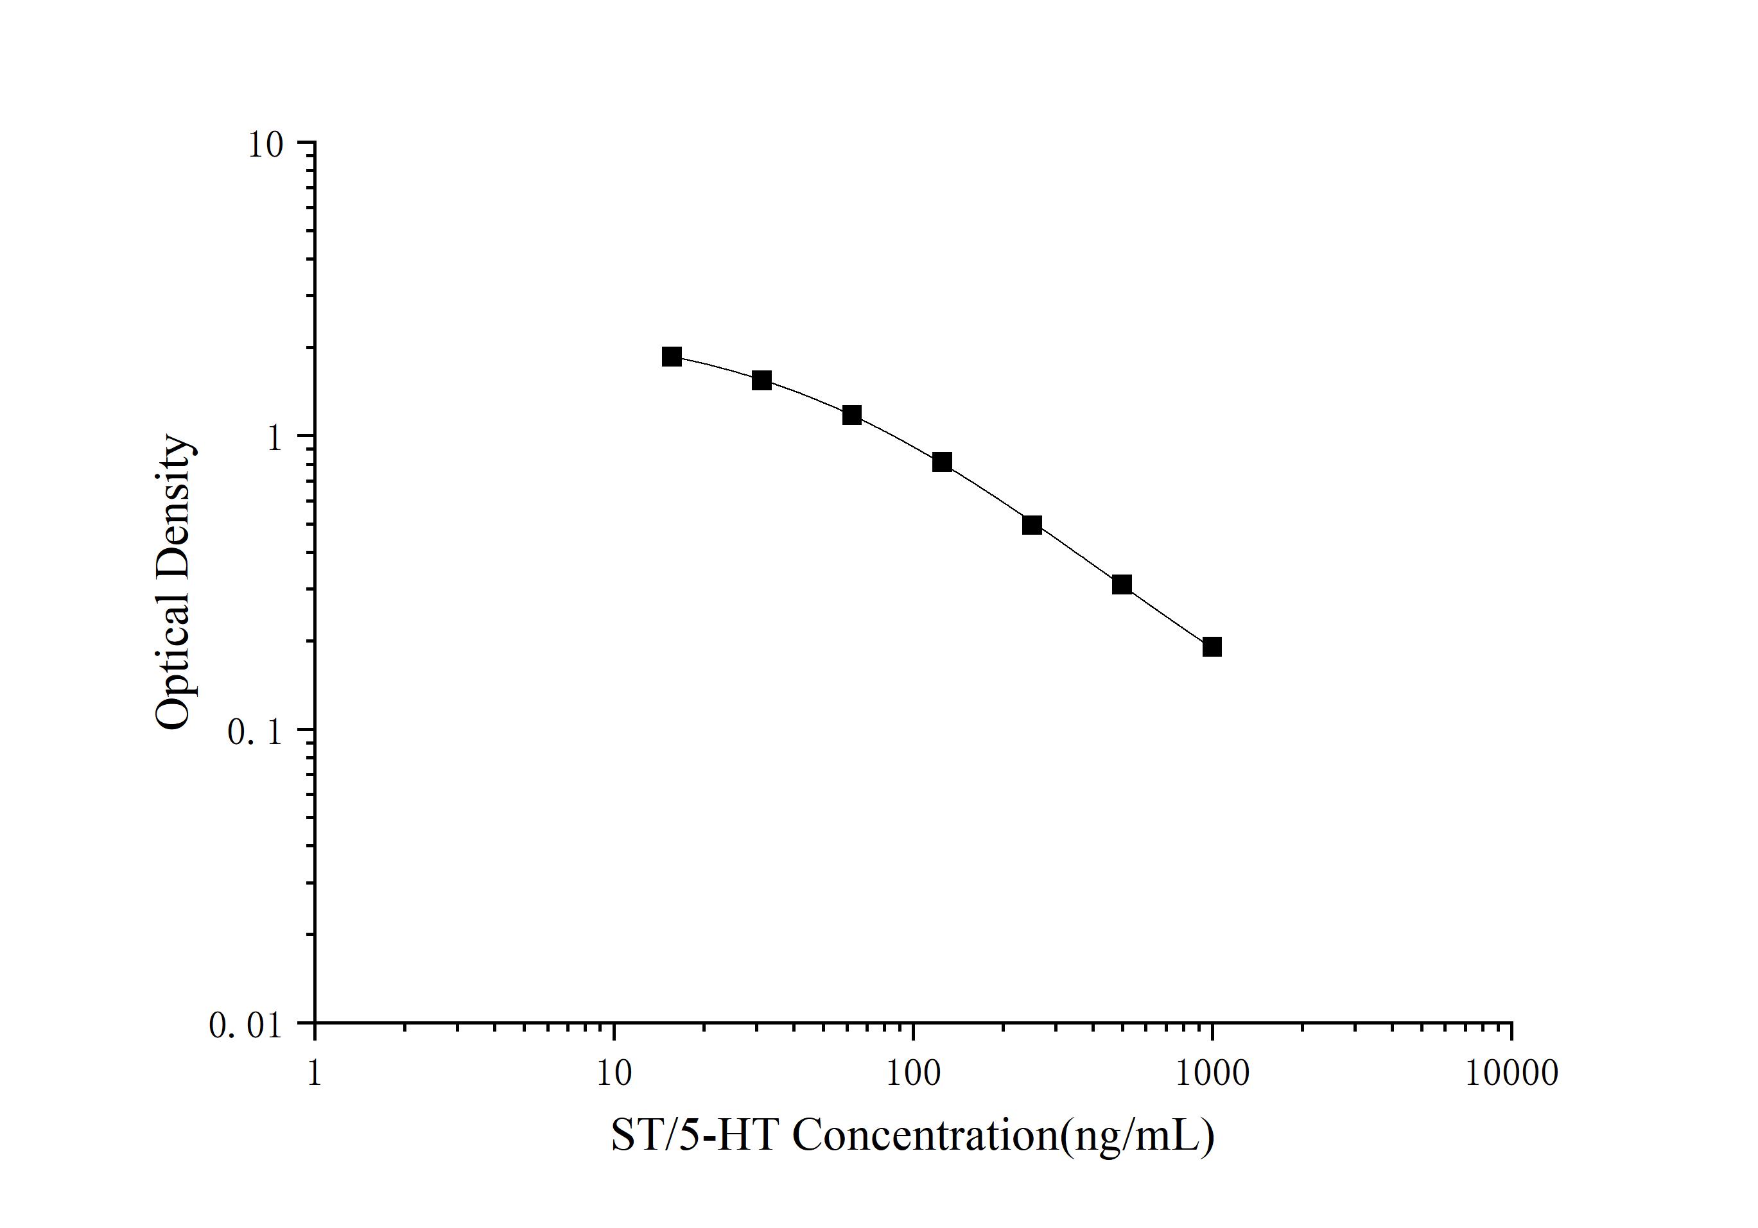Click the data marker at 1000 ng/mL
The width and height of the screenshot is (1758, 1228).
1212,647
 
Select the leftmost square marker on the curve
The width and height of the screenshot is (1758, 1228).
672,356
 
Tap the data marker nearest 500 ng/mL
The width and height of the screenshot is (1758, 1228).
1122,585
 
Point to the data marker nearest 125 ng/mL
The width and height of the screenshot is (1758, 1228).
942,462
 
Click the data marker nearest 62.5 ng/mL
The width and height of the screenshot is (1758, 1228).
851,415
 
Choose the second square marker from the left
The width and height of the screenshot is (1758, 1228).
761,380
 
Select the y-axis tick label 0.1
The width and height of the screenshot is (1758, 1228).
254,732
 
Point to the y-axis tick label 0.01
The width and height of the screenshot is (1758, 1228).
245,1026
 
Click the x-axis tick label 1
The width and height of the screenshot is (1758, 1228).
314,1073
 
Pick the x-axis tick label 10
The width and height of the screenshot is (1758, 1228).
613,1073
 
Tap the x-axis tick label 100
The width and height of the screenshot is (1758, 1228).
912,1073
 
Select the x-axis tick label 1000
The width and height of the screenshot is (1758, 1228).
1212,1073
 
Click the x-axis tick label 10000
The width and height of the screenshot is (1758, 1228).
1511,1073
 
